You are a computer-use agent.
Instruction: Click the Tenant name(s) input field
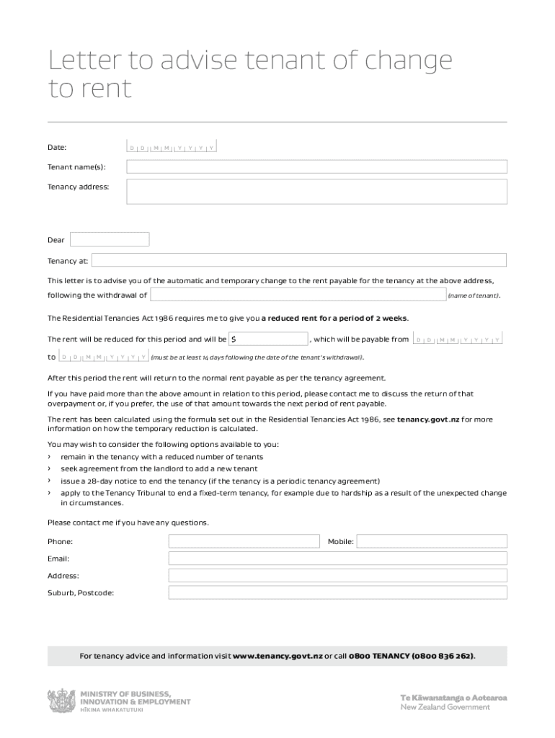tap(316, 167)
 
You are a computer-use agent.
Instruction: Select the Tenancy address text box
tap(316, 192)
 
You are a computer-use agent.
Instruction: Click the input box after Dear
tap(110, 239)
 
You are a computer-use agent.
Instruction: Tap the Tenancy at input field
tap(298, 260)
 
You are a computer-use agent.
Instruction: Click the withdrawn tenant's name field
tap(298, 294)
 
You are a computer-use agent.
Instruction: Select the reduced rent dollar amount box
tap(269, 339)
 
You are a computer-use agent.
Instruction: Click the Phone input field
tap(244, 541)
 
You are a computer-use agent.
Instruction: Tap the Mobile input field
tap(431, 541)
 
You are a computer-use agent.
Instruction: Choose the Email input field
tap(337, 559)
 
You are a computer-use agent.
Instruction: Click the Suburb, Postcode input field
tap(337, 592)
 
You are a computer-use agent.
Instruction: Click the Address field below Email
tap(337, 575)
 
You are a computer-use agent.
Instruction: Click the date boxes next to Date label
tap(172, 148)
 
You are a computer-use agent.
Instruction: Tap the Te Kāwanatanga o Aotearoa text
tap(453, 698)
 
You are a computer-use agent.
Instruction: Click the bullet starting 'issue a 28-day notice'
tap(220, 481)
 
